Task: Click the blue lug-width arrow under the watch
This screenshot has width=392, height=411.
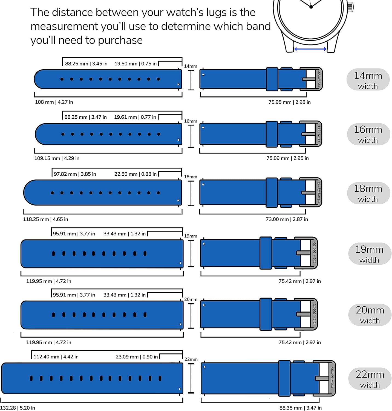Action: pyautogui.click(x=310, y=49)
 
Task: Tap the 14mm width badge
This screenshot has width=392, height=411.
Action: pyautogui.click(x=368, y=80)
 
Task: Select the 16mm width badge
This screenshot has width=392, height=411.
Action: pyautogui.click(x=368, y=134)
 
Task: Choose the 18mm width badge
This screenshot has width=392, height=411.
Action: pyautogui.click(x=368, y=193)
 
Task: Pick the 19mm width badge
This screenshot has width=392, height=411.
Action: pyautogui.click(x=369, y=254)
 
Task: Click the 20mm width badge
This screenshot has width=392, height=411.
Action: pyautogui.click(x=370, y=315)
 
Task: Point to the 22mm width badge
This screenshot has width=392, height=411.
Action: pyautogui.click(x=370, y=379)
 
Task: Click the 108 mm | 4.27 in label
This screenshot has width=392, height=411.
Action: pyautogui.click(x=54, y=102)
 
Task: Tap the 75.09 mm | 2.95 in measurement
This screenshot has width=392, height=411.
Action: pyautogui.click(x=287, y=158)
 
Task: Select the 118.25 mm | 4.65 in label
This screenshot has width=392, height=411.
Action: pyautogui.click(x=45, y=219)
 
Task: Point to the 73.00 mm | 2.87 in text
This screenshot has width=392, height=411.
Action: pyautogui.click(x=287, y=219)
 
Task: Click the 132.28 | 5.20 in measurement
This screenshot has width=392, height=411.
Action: pyautogui.click(x=18, y=408)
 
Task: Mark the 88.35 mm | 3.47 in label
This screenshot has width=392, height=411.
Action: pyautogui.click(x=300, y=408)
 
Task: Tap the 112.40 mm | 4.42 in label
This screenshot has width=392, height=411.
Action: pyautogui.click(x=56, y=357)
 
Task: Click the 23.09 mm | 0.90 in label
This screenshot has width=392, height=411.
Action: pyautogui.click(x=136, y=357)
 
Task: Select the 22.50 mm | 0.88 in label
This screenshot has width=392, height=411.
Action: pyautogui.click(x=135, y=174)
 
